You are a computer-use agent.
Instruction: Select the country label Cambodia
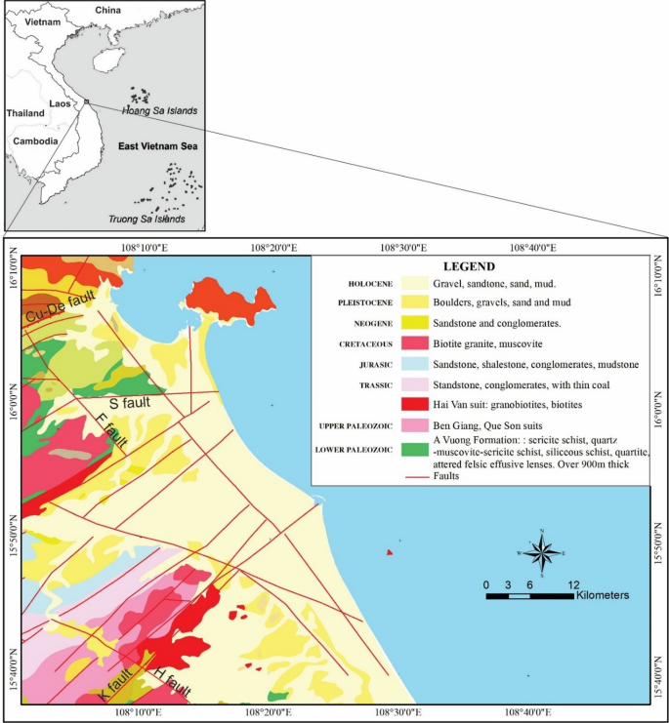tap(33, 141)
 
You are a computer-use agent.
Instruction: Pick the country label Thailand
tap(25, 113)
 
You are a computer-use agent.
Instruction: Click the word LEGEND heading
tap(469, 266)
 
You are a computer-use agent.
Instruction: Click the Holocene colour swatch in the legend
tap(422, 284)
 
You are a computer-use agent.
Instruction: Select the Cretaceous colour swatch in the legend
tap(422, 343)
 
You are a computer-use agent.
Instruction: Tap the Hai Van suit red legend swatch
tap(422, 403)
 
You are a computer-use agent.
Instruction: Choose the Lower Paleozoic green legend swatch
tap(422, 450)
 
